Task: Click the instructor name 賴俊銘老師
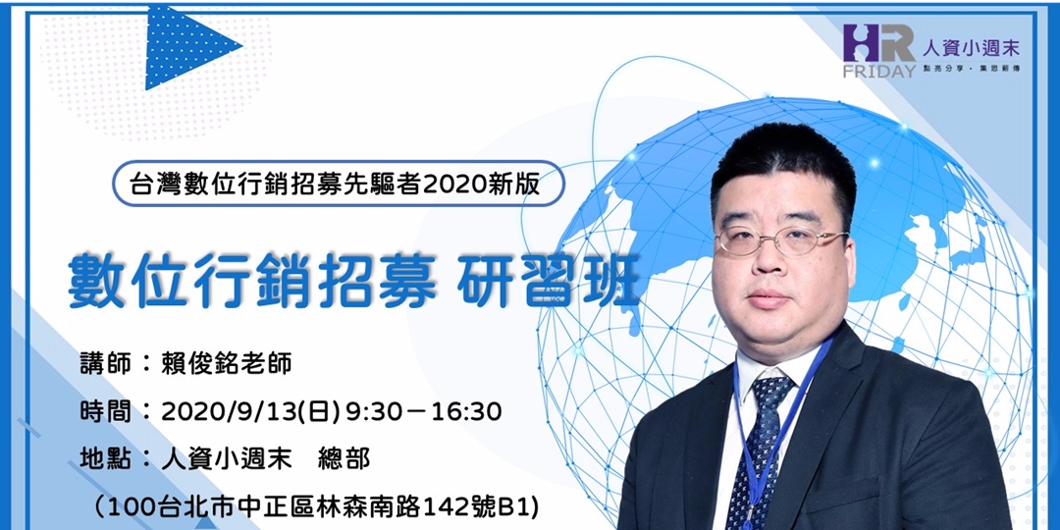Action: pyautogui.click(x=226, y=362)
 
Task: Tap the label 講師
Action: pyautogui.click(x=103, y=362)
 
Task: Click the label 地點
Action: pyautogui.click(x=103, y=458)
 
